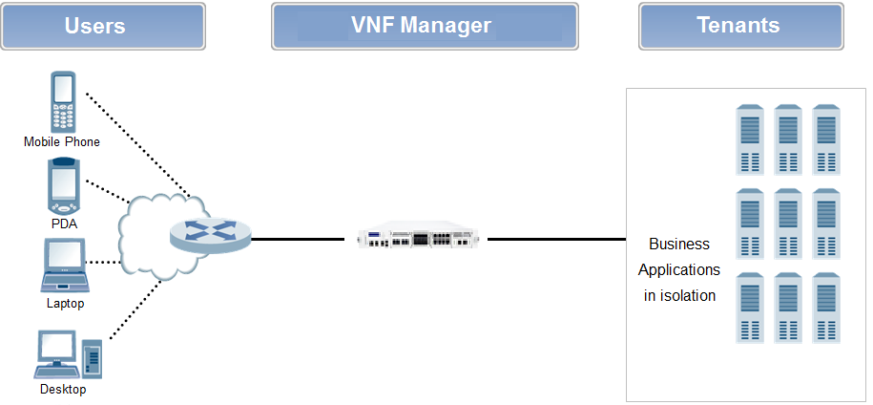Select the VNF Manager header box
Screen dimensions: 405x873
pyautogui.click(x=425, y=26)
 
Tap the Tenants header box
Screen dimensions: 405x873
pyautogui.click(x=740, y=26)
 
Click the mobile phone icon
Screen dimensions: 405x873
pyautogui.click(x=62, y=103)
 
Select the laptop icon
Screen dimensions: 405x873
pyautogui.click(x=64, y=266)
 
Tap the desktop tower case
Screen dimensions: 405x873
pyautogui.click(x=92, y=356)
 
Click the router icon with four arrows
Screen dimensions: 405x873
pyautogui.click(x=211, y=232)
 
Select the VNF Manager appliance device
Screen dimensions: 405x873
pyautogui.click(x=416, y=238)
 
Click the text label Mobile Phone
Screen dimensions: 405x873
pyautogui.click(x=62, y=142)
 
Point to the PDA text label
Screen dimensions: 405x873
pyautogui.click(x=64, y=224)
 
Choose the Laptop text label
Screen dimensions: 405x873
pyautogui.click(x=65, y=304)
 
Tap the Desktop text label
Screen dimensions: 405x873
pyautogui.click(x=63, y=390)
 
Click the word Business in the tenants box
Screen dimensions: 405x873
pyautogui.click(x=679, y=245)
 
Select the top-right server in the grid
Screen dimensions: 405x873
pyautogui.click(x=826, y=139)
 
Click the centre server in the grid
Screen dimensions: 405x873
pyautogui.click(x=788, y=224)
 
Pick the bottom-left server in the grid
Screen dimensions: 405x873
pyautogui.click(x=750, y=308)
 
